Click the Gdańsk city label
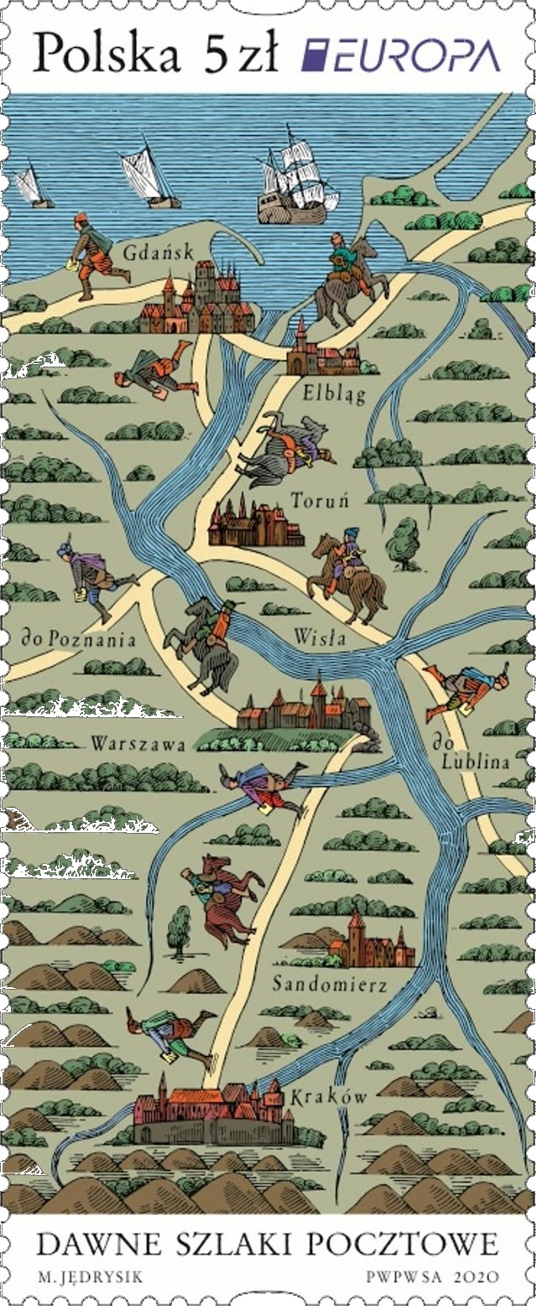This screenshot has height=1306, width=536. pos(158,252)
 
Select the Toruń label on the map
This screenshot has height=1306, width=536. pos(320,501)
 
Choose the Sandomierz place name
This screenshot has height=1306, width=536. pos(330,984)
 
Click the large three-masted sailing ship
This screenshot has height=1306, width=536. pos(296,180)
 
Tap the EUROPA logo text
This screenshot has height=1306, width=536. pos(401,57)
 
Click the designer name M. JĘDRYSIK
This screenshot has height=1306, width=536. pos(90,1277)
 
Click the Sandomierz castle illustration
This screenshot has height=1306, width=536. pos(369,943)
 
